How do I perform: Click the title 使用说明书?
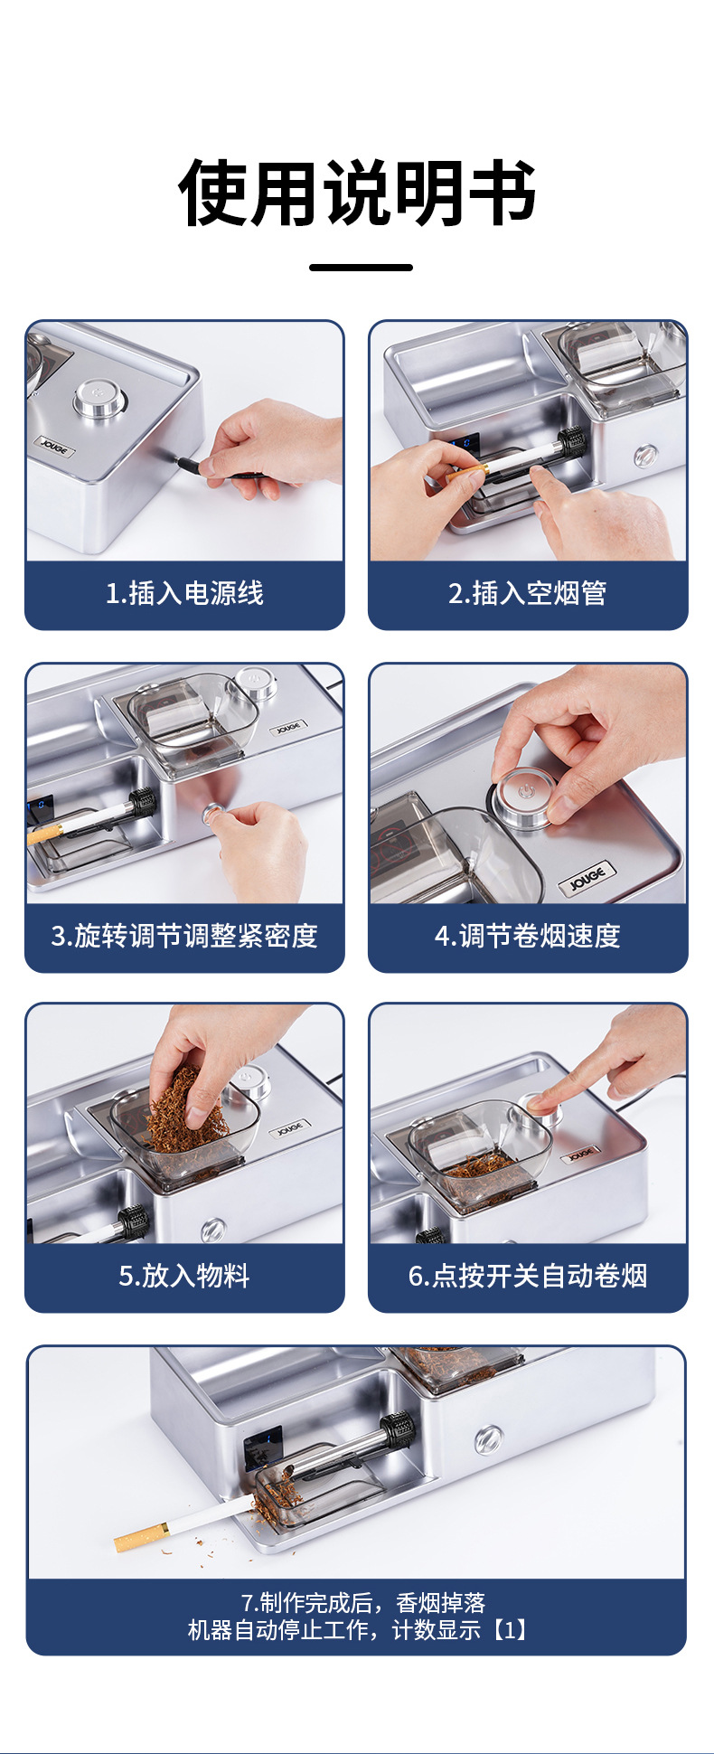point(358,193)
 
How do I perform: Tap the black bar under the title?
point(361,267)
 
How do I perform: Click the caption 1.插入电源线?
point(184,593)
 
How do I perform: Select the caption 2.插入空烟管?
point(527,593)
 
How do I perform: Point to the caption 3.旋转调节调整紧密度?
point(184,936)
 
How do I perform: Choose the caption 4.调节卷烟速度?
point(527,936)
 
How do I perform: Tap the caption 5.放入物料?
point(184,1276)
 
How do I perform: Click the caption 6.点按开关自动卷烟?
point(527,1276)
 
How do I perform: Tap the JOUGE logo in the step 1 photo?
point(55,446)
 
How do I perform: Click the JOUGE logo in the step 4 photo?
point(587,877)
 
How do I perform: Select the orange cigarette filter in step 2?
point(466,472)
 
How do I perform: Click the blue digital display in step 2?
point(465,443)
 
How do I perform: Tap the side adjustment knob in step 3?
point(214,815)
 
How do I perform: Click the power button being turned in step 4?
point(522,797)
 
